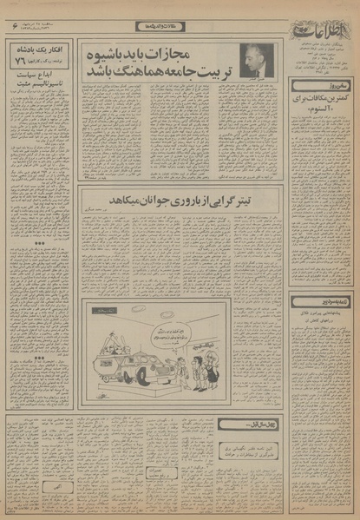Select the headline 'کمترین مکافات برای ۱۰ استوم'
tap(323, 110)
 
